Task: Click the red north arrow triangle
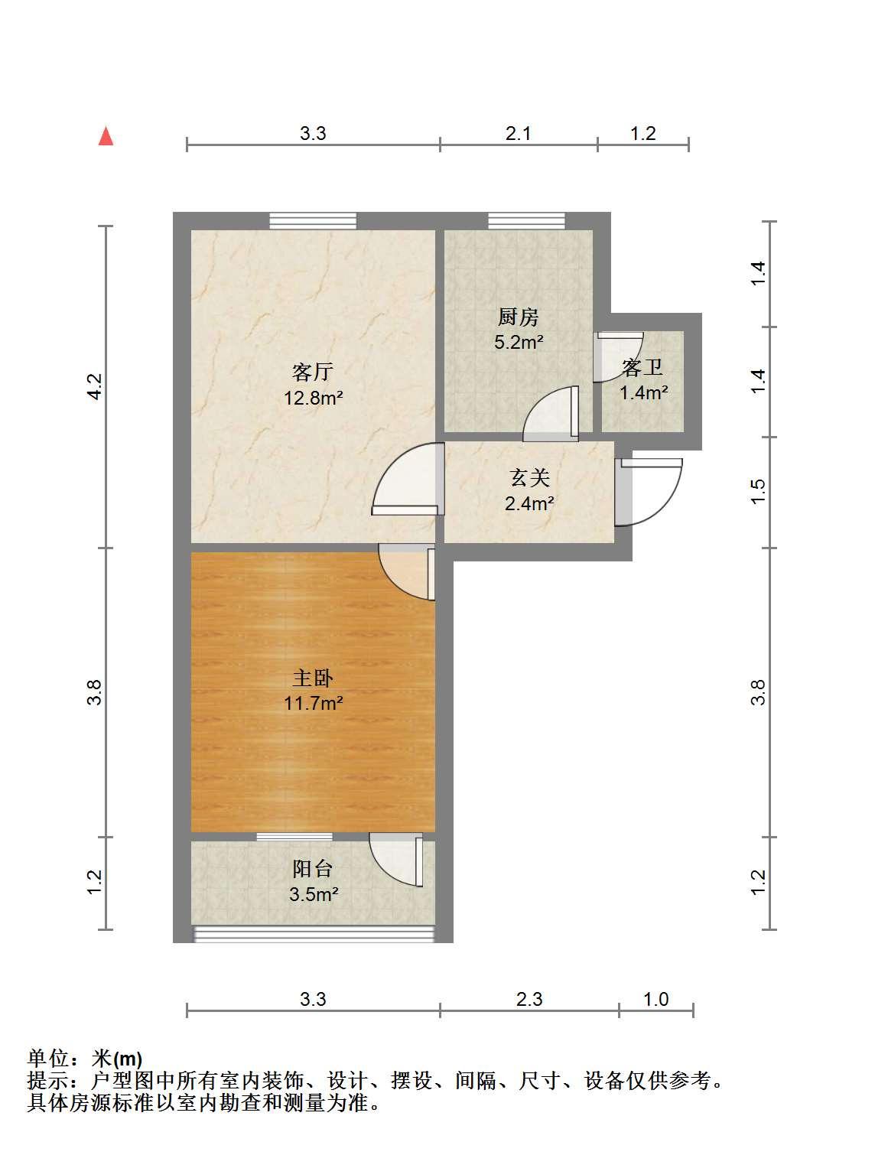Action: tap(106, 136)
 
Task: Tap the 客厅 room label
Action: tap(313, 372)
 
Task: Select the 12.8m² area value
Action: tap(313, 398)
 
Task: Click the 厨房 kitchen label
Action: tap(519, 317)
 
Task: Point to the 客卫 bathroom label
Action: tap(642, 367)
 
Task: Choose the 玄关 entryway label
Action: tap(529, 478)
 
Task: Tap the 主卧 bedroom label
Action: tap(313, 678)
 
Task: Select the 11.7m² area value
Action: tap(313, 703)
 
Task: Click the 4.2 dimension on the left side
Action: tap(94, 386)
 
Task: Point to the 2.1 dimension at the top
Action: tap(519, 134)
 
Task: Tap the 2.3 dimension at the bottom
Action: tap(529, 999)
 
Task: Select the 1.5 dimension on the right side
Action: tap(758, 491)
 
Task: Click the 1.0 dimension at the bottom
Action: tap(655, 999)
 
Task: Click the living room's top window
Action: tap(313, 220)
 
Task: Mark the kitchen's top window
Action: tap(526, 220)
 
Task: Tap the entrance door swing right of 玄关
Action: tap(649, 491)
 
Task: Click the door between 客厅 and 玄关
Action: tap(408, 479)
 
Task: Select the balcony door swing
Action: tap(395, 861)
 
